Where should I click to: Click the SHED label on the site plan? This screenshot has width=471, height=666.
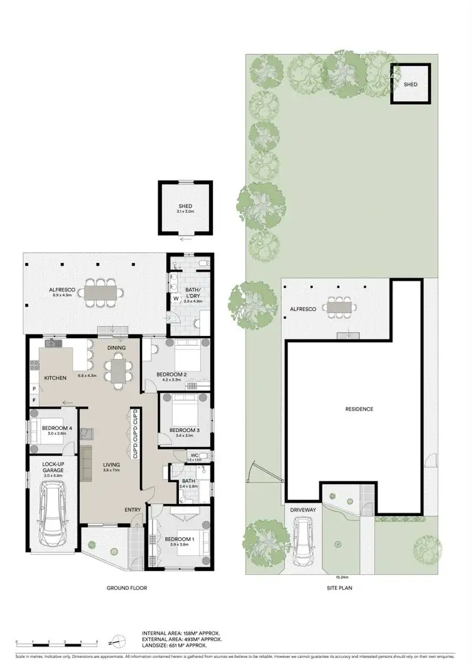[411, 84]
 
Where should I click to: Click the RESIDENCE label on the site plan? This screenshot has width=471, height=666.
[359, 409]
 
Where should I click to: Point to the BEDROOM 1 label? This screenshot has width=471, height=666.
[179, 539]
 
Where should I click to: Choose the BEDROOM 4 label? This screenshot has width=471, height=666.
[55, 429]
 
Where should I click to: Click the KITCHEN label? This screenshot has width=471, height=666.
[55, 378]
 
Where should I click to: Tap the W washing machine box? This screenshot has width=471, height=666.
[176, 299]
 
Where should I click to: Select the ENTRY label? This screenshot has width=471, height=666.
[133, 509]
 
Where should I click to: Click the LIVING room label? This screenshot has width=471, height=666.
[111, 465]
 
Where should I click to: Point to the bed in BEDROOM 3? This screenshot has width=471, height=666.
[184, 411]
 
